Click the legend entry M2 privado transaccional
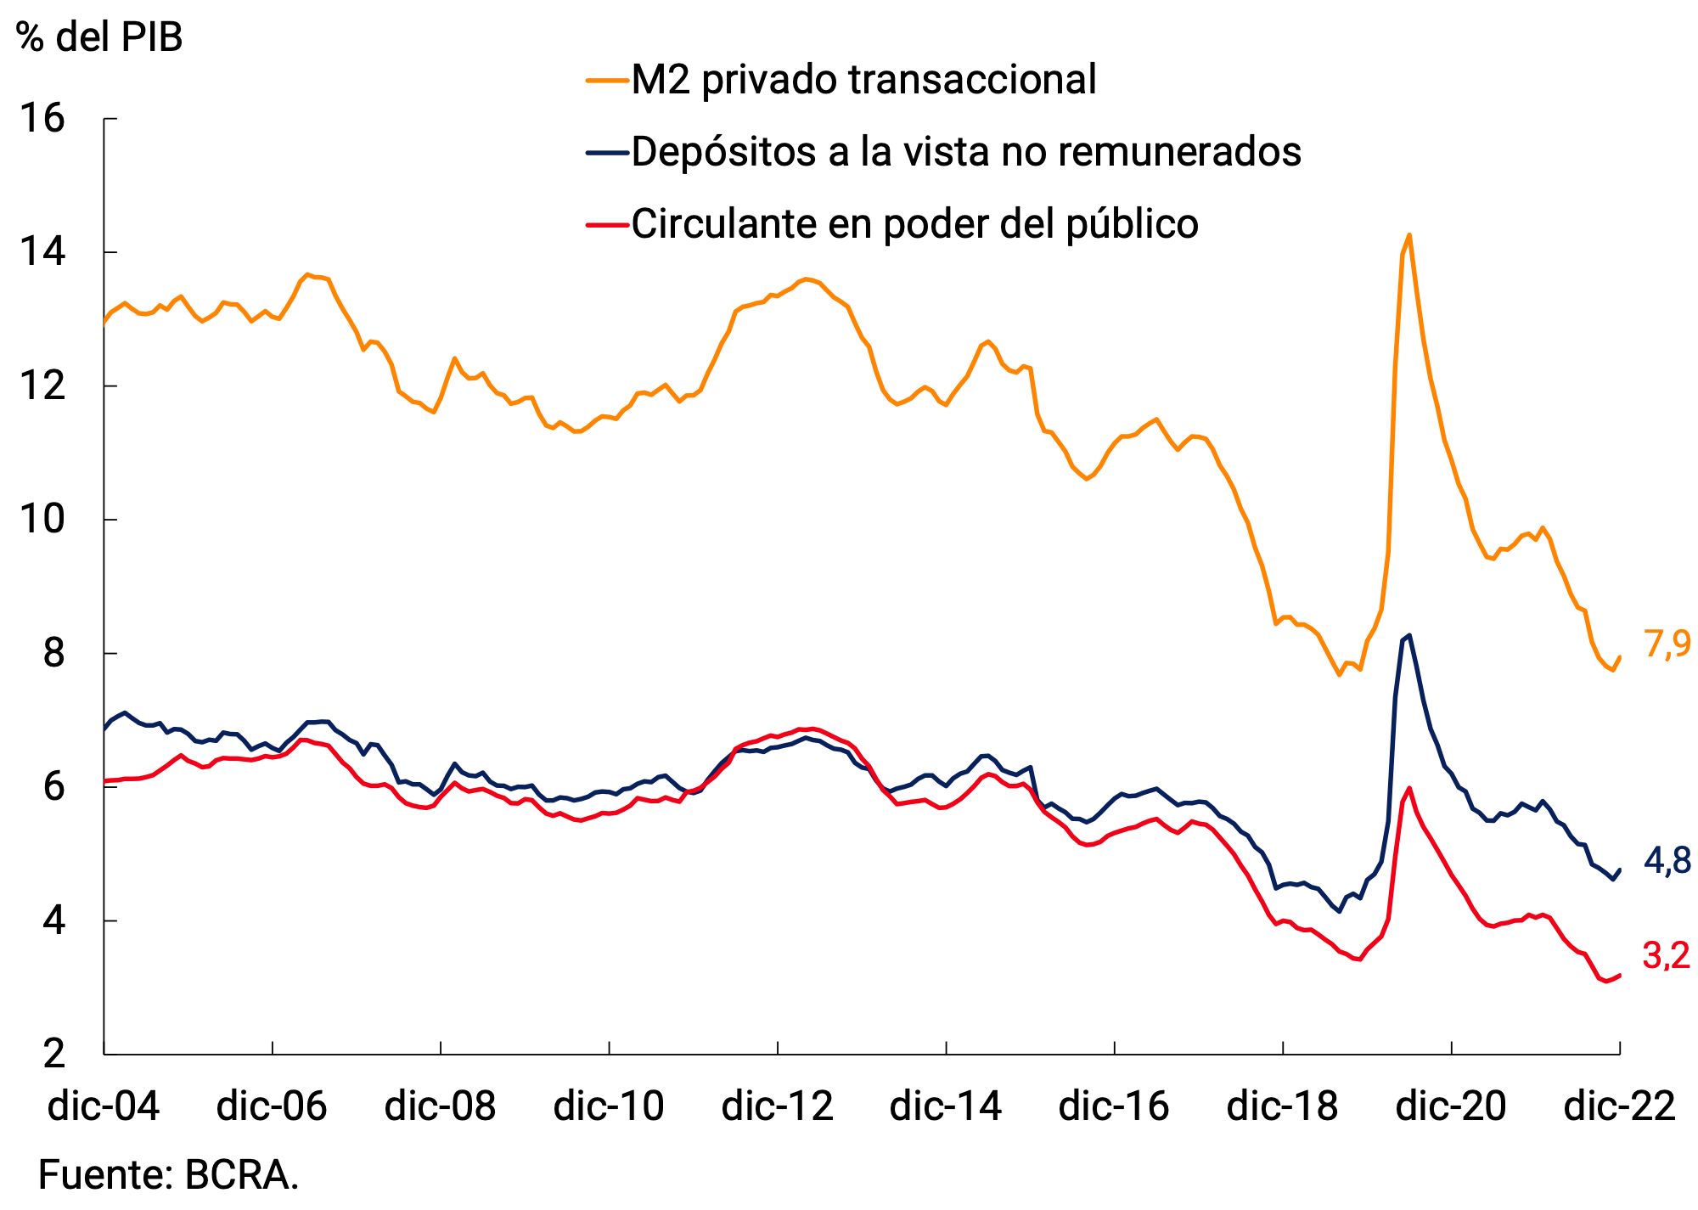click(x=863, y=80)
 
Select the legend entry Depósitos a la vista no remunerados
click(x=965, y=152)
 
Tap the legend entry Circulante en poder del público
click(x=914, y=224)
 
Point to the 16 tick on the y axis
click(x=42, y=118)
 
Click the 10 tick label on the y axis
click(x=42, y=519)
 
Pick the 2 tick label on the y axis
click(x=53, y=1054)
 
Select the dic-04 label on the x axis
click(x=104, y=1106)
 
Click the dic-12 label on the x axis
click(x=777, y=1106)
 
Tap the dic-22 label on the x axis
click(x=1619, y=1106)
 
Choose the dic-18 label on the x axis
click(x=1282, y=1106)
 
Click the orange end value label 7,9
click(x=1667, y=644)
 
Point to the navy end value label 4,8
click(x=1667, y=861)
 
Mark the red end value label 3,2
click(x=1666, y=956)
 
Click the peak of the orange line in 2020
click(x=1409, y=235)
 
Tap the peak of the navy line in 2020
click(x=1409, y=635)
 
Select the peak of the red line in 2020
click(x=1409, y=788)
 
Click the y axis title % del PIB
click(x=99, y=37)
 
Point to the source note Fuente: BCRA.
click(x=168, y=1176)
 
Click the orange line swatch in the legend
click(x=607, y=81)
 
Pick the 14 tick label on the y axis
click(x=42, y=252)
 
